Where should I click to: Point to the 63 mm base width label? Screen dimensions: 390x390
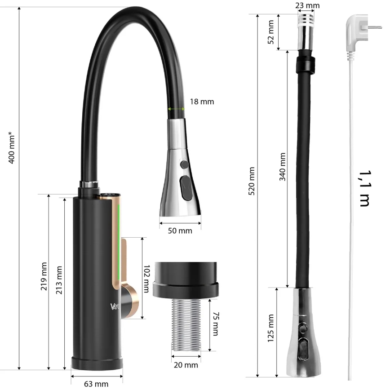coord(96,383)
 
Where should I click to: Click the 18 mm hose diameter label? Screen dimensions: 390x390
coord(201,102)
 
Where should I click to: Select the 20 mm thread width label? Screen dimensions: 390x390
coord(186,365)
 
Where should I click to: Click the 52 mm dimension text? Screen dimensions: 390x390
coord(271,33)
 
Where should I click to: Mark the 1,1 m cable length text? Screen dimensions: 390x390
coord(364,188)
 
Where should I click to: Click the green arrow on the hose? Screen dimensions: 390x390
coord(176,109)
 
